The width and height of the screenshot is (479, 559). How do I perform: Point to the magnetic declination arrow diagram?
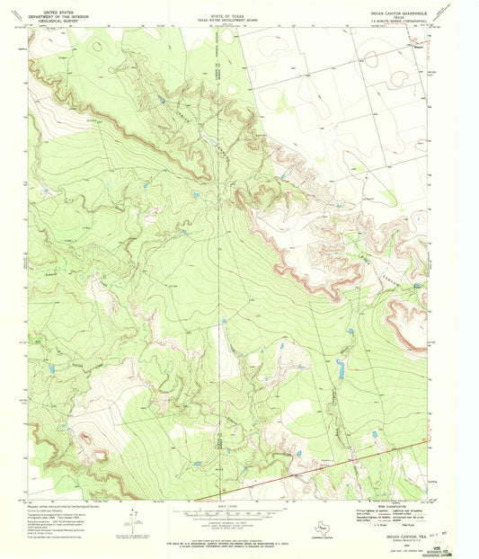[x=135, y=519]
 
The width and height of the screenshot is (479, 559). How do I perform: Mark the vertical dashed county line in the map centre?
[x=221, y=270]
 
